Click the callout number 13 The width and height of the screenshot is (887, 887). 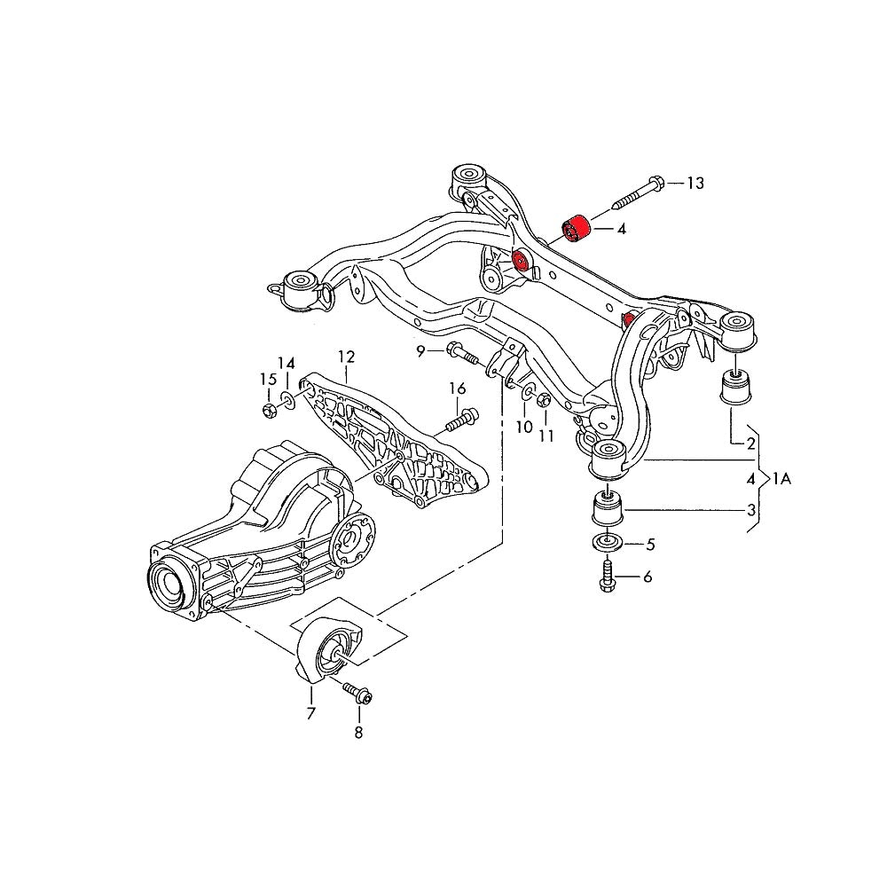695,184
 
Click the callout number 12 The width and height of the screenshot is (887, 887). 345,357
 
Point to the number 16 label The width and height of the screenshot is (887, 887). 457,388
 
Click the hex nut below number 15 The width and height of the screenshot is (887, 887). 269,409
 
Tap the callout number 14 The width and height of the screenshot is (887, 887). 286,363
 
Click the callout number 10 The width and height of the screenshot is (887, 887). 524,427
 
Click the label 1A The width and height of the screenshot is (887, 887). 781,479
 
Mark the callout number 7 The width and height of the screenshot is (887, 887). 311,713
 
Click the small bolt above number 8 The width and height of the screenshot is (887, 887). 357,693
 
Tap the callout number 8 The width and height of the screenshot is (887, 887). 358,733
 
